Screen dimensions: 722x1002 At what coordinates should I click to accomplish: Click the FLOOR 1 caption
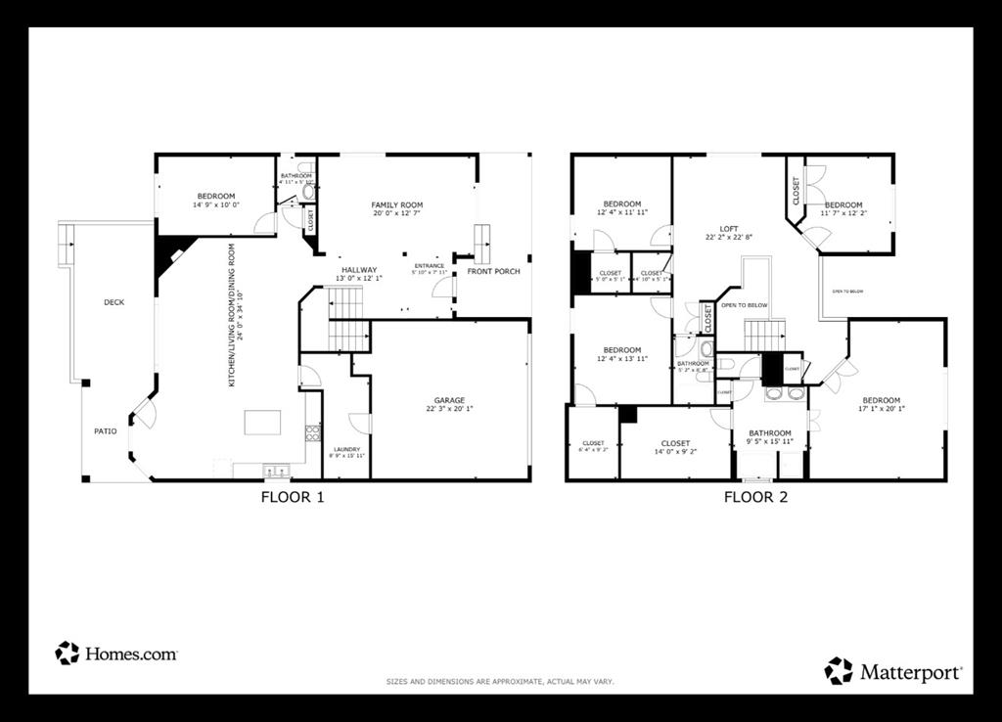[292, 497]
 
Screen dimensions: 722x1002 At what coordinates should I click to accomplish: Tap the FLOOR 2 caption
[755, 497]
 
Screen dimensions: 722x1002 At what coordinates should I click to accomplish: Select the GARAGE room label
[450, 400]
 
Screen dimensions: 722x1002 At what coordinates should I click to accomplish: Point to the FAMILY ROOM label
[397, 205]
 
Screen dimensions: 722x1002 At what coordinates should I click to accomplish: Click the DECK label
[114, 302]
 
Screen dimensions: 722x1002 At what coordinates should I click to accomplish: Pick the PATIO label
[105, 430]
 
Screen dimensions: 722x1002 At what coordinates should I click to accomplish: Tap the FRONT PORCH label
[494, 271]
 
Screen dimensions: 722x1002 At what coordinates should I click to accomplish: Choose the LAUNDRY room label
[346, 450]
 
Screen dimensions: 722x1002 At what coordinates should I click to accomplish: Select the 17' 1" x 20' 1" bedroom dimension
[881, 410]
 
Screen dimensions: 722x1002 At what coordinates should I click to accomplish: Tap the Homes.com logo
[116, 654]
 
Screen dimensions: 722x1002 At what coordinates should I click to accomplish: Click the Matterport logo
[894, 671]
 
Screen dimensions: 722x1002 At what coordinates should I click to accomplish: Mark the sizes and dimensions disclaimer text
[500, 681]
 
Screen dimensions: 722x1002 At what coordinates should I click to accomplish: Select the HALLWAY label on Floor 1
[359, 270]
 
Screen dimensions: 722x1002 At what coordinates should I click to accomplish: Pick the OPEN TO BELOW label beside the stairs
[744, 305]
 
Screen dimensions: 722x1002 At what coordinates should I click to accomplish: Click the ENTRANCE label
[429, 266]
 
